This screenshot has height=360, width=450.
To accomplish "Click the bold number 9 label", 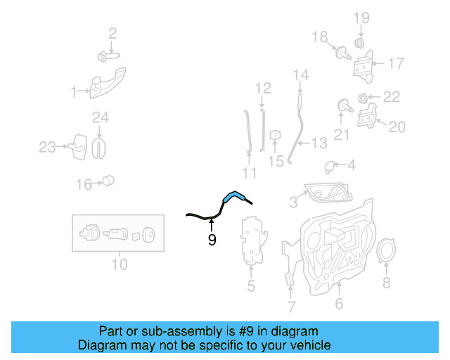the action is pyautogui.click(x=212, y=240).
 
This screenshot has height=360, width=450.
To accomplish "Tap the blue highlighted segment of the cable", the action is pyautogui.click(x=234, y=196).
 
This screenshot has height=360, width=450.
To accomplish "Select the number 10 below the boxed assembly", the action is pyautogui.click(x=120, y=265).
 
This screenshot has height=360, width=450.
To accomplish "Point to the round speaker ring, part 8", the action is pyautogui.click(x=385, y=253).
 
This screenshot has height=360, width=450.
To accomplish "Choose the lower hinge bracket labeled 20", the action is pyautogui.click(x=367, y=117).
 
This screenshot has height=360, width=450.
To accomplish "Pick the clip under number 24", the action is pyautogui.click(x=99, y=146).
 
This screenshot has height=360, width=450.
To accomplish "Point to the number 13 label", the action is pyautogui.click(x=319, y=143).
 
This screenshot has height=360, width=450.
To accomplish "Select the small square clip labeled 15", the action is pyautogui.click(x=276, y=134).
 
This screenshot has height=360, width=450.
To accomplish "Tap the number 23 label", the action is pyautogui.click(x=46, y=147).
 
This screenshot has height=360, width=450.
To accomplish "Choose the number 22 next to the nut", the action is pyautogui.click(x=391, y=97).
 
